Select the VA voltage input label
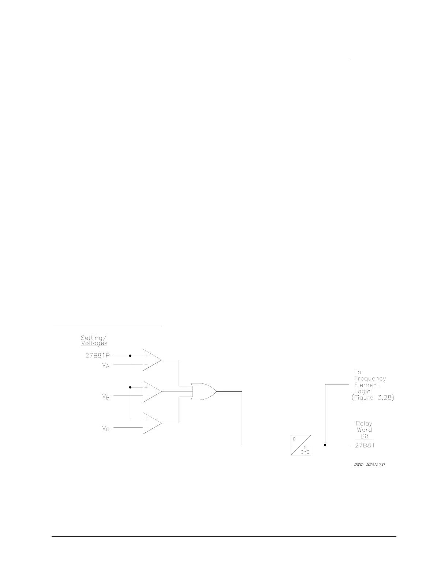[x=105, y=365]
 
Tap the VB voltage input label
[x=105, y=397]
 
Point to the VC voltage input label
[x=105, y=428]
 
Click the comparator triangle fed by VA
[x=152, y=360]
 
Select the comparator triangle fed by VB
[x=152, y=391]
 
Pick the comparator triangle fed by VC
[x=152, y=423]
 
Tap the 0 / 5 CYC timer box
[x=301, y=445]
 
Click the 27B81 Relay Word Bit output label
[x=365, y=445]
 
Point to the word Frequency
[x=370, y=379]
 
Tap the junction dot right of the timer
[x=325, y=445]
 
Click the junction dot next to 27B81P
[x=130, y=355]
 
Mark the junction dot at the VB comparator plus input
[x=130, y=387]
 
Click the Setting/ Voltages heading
[x=94, y=340]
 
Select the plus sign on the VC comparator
[x=146, y=419]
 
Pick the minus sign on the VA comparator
[x=146, y=364]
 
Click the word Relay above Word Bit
[x=364, y=424]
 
